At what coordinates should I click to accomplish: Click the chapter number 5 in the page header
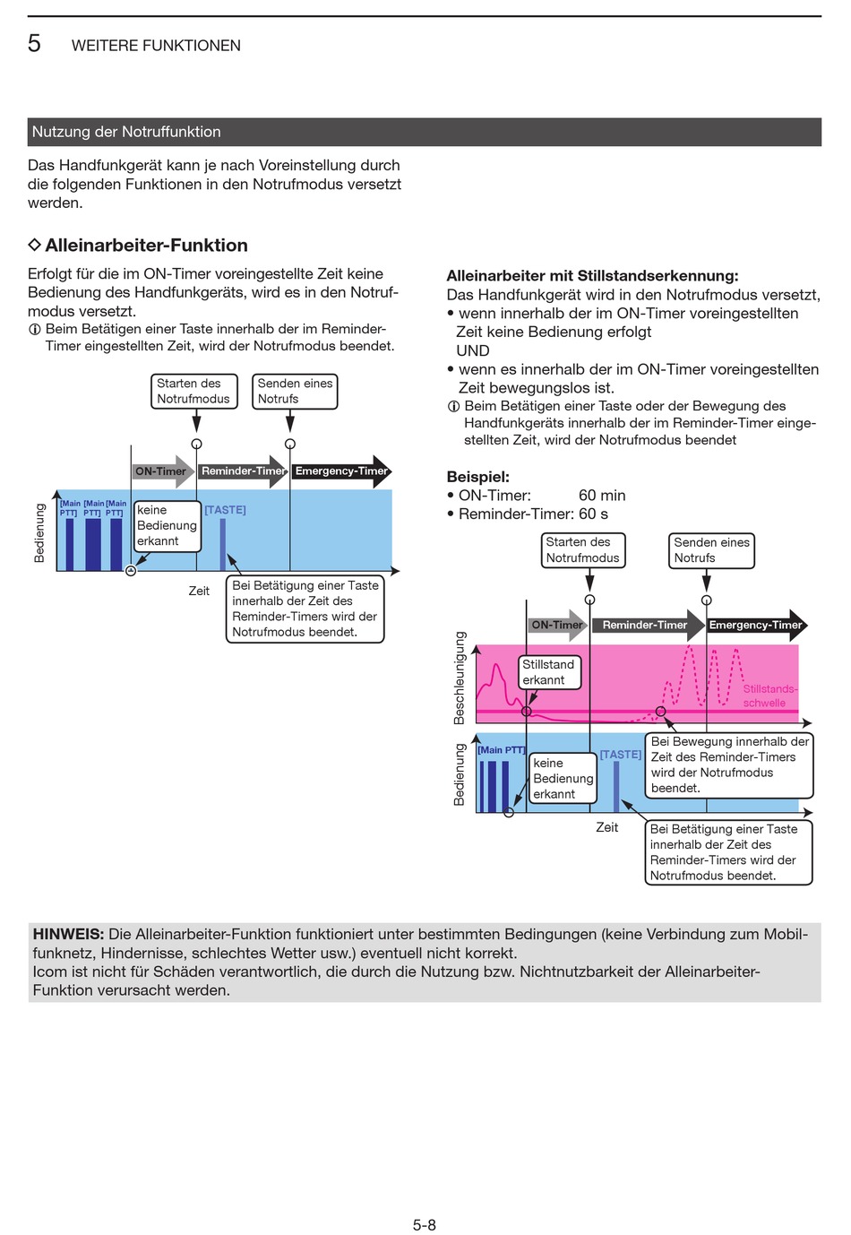coord(34,44)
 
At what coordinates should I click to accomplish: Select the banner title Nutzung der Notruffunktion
coord(126,132)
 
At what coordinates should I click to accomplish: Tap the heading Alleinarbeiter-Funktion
coord(146,246)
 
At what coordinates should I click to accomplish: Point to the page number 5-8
coord(425,1225)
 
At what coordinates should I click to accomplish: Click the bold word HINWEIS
coord(68,935)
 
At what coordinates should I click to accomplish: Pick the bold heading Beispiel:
coord(477,477)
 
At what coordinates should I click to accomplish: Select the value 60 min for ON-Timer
coord(602,496)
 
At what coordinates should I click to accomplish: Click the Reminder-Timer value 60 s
coord(593,514)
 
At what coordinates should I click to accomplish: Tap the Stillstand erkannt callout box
coord(549,672)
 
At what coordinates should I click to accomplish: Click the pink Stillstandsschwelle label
coord(769,695)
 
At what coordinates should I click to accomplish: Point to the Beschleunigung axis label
coord(460,678)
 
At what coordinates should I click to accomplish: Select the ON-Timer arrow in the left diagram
coord(163,471)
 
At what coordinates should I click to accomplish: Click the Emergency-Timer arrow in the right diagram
coord(757,626)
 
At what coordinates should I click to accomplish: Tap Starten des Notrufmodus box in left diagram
coord(194,392)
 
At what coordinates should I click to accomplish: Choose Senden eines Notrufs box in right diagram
coord(711,550)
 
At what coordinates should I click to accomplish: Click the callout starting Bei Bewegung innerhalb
coord(729,764)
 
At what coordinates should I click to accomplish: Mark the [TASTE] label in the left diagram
coord(225,510)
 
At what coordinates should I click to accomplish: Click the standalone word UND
coord(473,350)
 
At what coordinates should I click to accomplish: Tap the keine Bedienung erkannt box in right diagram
coord(563,779)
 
